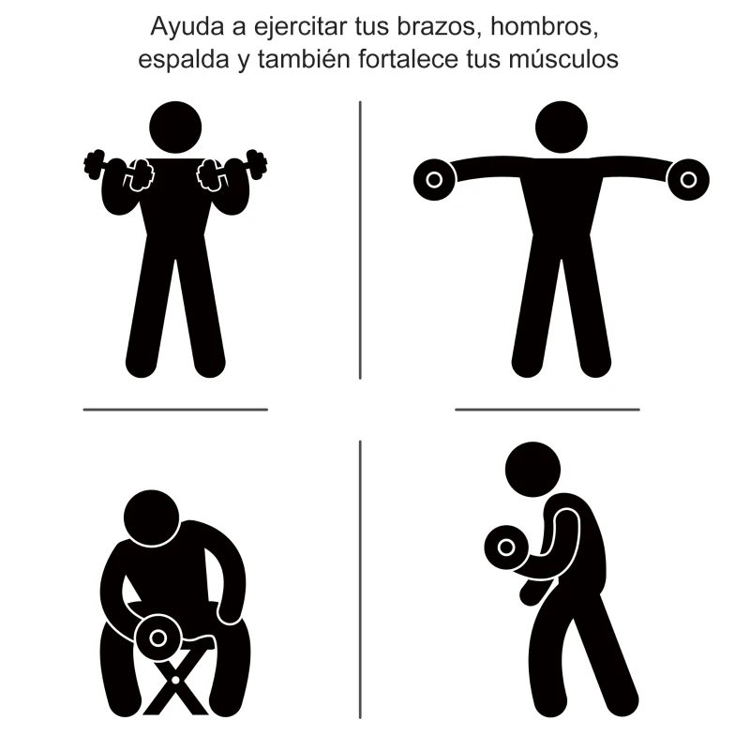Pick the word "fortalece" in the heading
pos(404,59)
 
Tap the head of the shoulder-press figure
pos(175,127)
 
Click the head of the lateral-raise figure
pos(561,127)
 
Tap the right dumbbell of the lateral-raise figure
pos(688,176)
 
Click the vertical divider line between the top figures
pos(360,239)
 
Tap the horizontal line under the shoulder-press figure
pos(175,409)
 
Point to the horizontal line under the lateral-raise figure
pos(547,409)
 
